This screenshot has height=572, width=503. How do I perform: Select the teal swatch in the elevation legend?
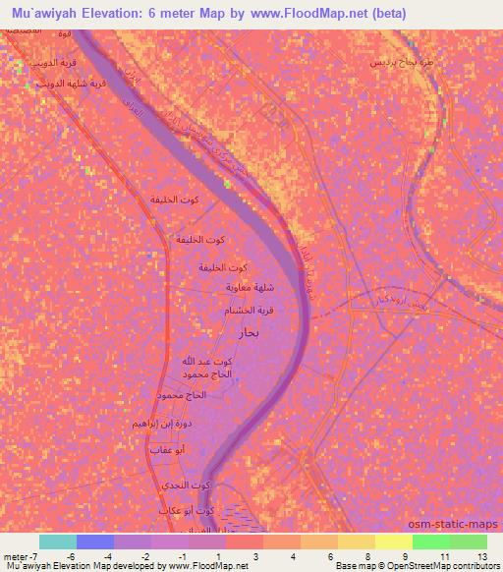[57, 541]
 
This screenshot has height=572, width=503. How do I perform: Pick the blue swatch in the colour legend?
[95, 541]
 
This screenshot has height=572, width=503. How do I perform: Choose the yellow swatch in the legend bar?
[393, 541]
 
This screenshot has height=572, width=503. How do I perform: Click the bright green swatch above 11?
[430, 541]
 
